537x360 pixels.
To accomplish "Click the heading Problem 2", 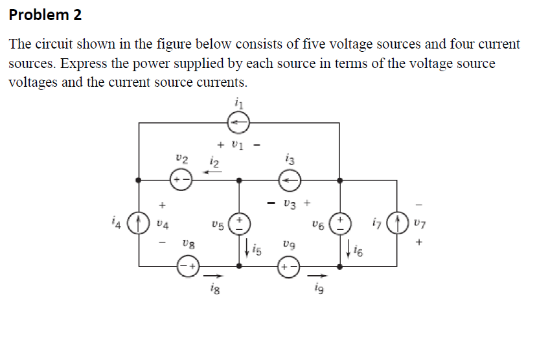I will [45, 15].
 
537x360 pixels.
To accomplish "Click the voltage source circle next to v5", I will [240, 224].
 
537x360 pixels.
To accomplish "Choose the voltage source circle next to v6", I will [341, 224].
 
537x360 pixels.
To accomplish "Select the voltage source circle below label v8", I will [189, 265].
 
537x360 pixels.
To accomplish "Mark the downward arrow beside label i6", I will [350, 246].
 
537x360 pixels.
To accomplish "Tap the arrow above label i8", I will [212, 275].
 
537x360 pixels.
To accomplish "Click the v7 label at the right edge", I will [419, 223].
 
